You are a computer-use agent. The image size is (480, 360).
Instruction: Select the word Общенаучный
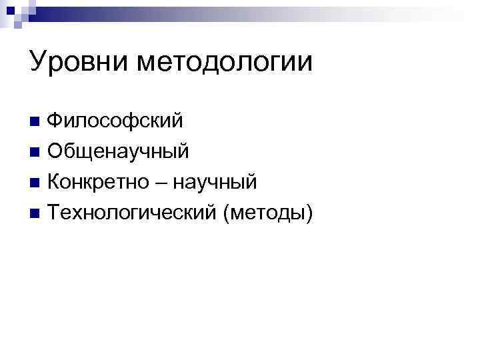click(x=119, y=152)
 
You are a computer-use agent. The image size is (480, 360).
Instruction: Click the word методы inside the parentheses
click(x=269, y=213)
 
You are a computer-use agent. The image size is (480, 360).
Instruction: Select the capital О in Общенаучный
click(x=56, y=152)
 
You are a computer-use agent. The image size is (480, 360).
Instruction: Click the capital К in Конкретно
click(x=55, y=182)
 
